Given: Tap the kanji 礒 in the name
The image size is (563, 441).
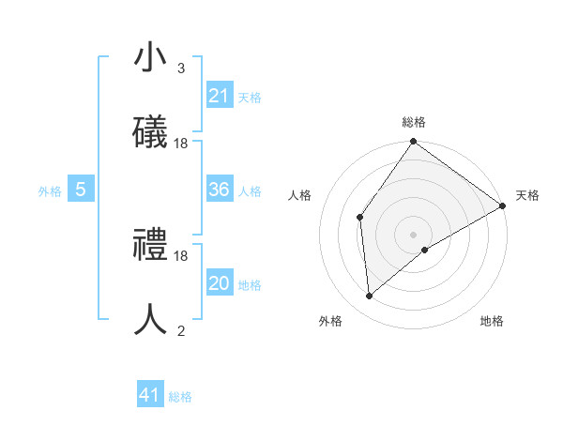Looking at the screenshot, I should (150, 132).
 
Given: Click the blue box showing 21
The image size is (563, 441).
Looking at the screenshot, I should (220, 96).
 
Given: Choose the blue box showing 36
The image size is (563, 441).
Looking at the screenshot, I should (220, 190).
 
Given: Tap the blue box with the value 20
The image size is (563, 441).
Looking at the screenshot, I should (220, 283).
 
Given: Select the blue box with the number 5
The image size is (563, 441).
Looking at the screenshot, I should (81, 190).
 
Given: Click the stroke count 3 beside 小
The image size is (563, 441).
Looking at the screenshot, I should (181, 68).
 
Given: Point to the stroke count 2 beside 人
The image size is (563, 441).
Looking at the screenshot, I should (181, 330).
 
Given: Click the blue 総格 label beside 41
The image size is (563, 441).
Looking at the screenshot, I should (180, 397).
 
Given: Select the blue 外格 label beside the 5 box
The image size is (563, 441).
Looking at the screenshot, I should (50, 190).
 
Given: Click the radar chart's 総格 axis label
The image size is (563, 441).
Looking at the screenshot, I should (414, 122).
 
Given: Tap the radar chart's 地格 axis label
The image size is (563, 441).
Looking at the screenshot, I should (492, 322).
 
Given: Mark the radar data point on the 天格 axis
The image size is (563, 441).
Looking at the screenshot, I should (503, 205).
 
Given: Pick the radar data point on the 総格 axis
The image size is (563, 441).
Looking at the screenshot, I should (414, 143).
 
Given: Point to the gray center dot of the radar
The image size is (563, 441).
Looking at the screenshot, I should (414, 234).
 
